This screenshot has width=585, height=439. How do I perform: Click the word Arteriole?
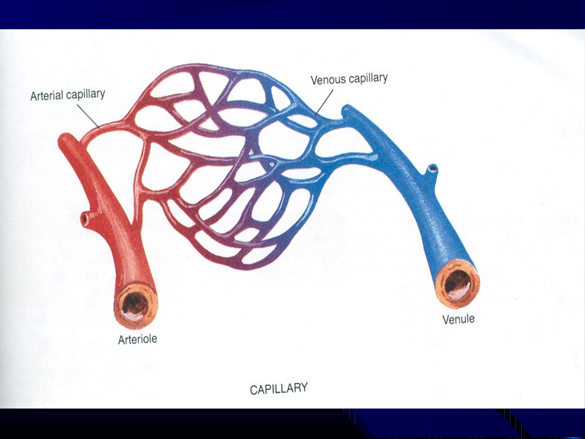(x=138, y=340)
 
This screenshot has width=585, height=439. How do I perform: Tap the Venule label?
(x=458, y=319)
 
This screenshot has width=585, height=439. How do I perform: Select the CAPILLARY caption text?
(x=279, y=388)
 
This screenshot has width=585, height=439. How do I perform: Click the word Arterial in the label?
(x=47, y=96)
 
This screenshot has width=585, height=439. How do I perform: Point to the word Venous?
(x=328, y=80)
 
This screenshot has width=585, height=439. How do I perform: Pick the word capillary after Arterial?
(x=86, y=94)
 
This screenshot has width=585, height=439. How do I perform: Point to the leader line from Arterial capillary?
(x=88, y=116)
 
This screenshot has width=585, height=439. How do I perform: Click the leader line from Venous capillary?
(x=324, y=103)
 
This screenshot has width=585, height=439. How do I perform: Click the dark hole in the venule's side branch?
(x=433, y=169)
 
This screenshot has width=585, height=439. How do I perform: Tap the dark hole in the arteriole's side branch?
(x=85, y=218)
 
